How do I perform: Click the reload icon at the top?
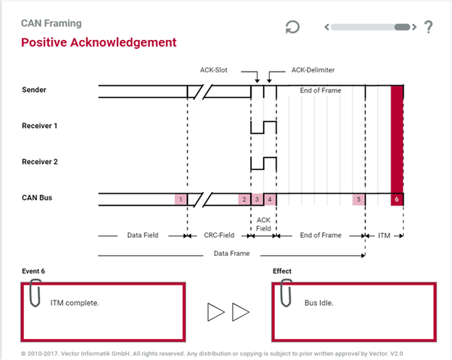pos(292,27)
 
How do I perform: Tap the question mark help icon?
pos(429,27)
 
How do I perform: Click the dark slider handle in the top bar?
pos(402,27)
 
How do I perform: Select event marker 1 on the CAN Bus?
pos(181,199)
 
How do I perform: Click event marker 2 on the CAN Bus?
pos(244,199)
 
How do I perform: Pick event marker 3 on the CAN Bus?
pos(257,199)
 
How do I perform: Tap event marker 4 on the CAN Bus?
pos(270,199)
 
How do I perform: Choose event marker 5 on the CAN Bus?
pos(359,199)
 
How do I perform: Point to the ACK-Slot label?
pos(214,70)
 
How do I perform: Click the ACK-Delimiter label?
pos(313,70)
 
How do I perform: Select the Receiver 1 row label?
pos(39,126)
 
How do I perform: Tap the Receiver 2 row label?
pos(40,162)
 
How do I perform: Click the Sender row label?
pos(34,90)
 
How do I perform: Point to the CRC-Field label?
pos(219,235)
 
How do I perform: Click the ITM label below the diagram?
pos(384,236)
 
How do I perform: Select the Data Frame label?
pos(232,253)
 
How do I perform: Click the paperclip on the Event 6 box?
pos(35,292)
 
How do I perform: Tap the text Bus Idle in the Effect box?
pos(319,303)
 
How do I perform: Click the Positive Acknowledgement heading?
pos(99,42)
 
